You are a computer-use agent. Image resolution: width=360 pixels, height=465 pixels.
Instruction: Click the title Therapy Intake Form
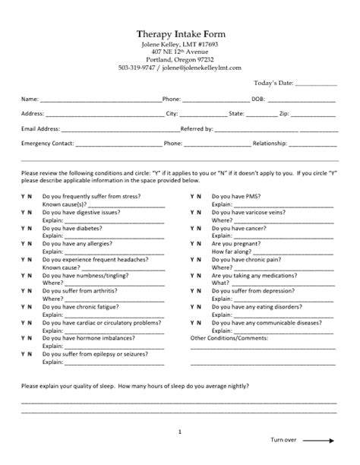[x=180, y=34]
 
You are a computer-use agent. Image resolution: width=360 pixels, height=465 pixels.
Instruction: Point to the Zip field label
[x=284, y=113]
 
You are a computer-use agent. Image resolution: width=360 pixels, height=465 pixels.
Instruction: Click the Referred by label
[x=197, y=128]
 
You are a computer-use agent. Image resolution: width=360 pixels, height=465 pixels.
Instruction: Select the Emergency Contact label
[x=47, y=143]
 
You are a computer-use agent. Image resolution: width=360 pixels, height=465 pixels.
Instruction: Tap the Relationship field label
[x=270, y=143]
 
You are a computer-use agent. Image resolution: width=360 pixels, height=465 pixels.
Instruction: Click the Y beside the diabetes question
[x=23, y=228]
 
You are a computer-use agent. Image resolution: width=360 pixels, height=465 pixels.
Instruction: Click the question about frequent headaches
[x=92, y=259]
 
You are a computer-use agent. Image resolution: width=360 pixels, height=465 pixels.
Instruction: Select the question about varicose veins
[x=248, y=212]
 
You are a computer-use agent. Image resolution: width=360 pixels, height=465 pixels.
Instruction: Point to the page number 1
[x=180, y=432]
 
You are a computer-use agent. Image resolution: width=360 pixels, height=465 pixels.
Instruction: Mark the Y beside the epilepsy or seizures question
[x=23, y=353]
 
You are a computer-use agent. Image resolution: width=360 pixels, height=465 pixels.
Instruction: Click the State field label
[x=236, y=113]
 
